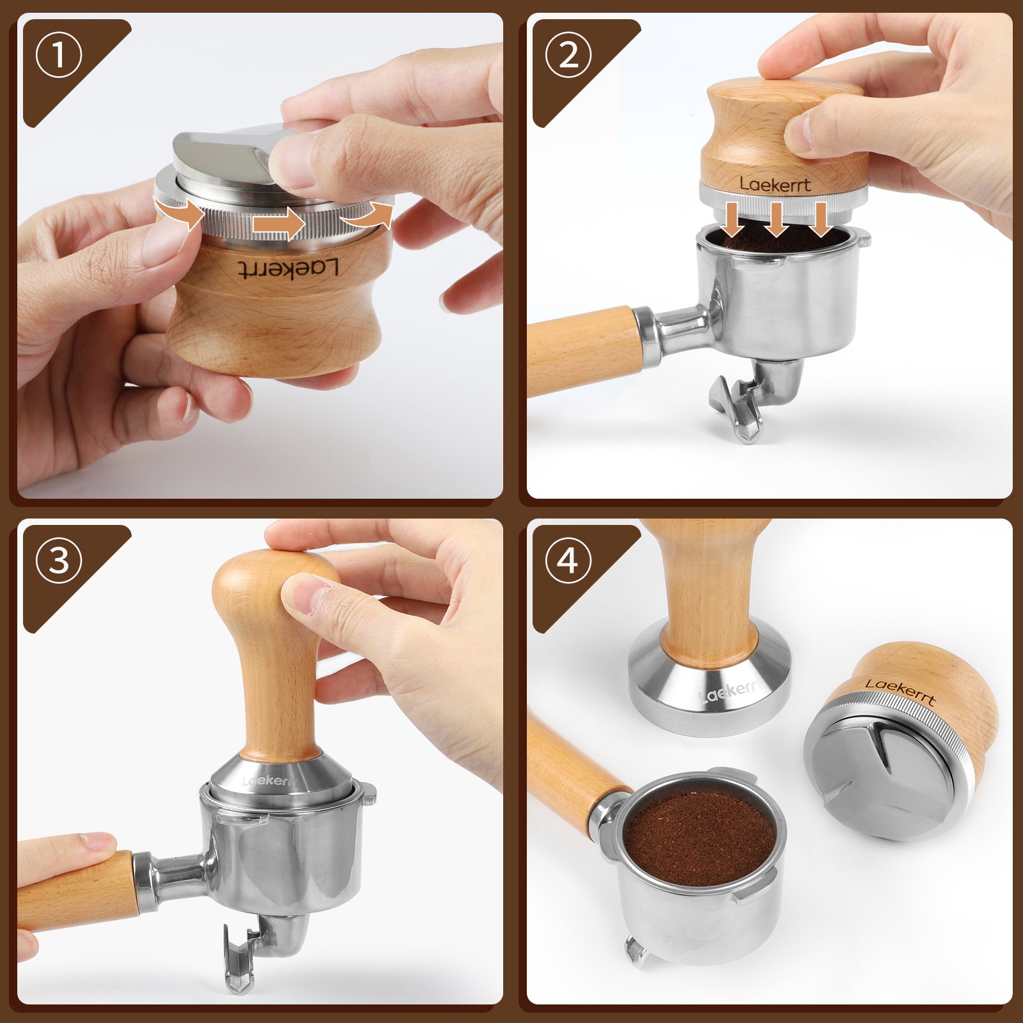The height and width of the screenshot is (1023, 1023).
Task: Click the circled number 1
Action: coord(59,54)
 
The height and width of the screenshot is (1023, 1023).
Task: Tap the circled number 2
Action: coord(568,54)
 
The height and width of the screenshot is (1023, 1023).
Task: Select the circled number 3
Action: coord(59,561)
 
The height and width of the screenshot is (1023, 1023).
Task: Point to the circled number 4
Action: coord(568,561)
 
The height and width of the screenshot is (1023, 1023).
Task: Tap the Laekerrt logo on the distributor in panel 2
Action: coord(775,184)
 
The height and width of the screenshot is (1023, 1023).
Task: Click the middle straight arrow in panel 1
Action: coord(277,224)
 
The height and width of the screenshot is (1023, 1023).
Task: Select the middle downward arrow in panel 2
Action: coord(776,219)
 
